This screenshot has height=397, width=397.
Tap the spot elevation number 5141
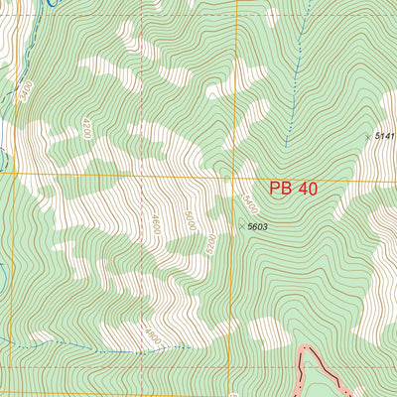point(385,135)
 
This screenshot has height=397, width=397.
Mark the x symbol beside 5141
point(368,136)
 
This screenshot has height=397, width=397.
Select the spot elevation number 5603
point(258,227)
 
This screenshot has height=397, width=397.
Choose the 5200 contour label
point(210,244)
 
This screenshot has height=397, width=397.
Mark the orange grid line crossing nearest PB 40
point(234,177)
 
